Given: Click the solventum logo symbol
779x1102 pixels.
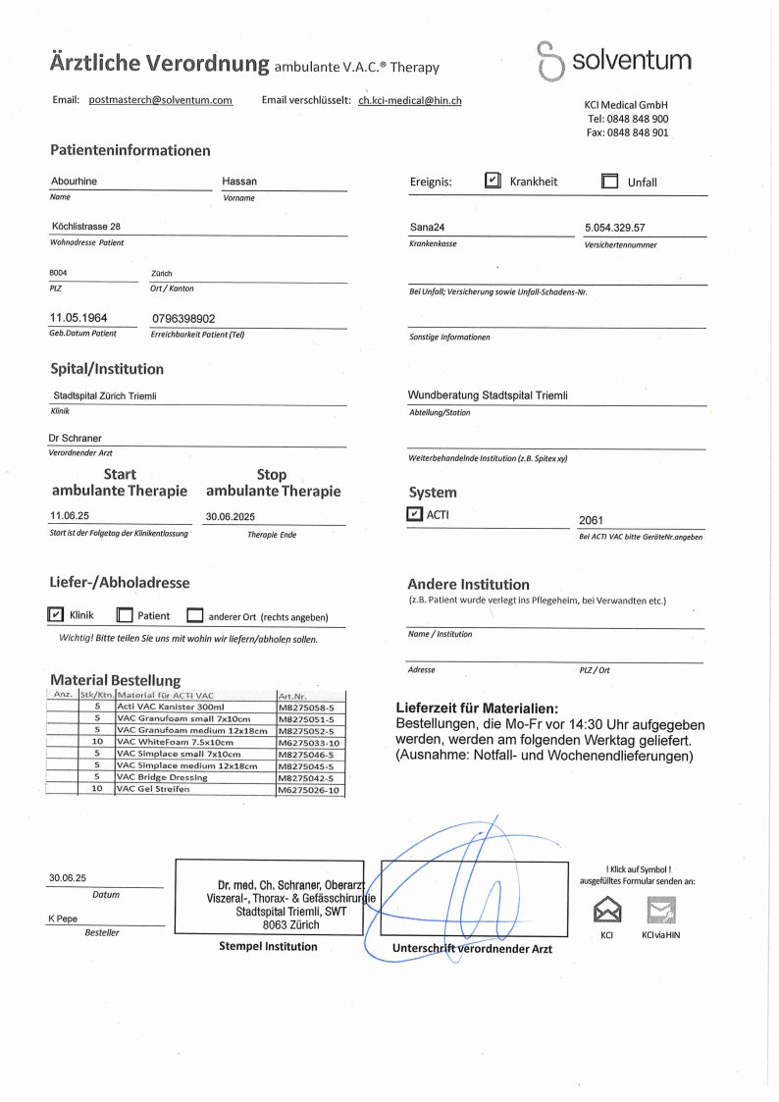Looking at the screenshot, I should click(x=550, y=61).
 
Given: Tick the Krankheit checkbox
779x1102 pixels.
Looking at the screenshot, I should click(x=493, y=181).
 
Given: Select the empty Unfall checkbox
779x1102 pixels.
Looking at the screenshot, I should click(x=609, y=182).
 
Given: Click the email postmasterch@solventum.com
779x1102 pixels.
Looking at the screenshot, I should click(x=160, y=100).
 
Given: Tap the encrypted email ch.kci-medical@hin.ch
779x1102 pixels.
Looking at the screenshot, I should click(x=410, y=100).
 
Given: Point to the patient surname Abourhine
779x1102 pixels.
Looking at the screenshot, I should click(x=74, y=182).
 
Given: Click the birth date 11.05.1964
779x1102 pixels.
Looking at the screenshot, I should click(x=78, y=318).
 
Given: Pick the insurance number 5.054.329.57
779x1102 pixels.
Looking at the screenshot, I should click(x=614, y=228).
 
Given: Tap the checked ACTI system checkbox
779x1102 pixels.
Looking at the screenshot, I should click(x=415, y=514).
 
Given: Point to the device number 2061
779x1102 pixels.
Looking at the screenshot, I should click(x=592, y=521).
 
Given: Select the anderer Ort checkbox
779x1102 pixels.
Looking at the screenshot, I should click(x=194, y=616).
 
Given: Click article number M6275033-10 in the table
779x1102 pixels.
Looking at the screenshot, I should click(x=309, y=742).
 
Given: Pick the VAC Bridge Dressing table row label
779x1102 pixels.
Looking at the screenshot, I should click(x=162, y=777).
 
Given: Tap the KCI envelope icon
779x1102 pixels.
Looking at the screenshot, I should click(x=607, y=910).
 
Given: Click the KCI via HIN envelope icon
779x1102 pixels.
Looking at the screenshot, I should click(x=660, y=910).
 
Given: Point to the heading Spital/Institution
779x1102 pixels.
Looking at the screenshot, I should click(x=107, y=369).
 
